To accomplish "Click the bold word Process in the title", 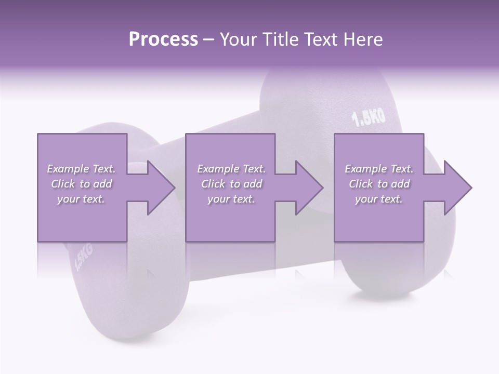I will pos(163,39).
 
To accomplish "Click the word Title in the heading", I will pos(279,39).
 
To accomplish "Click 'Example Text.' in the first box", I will pos(81,169).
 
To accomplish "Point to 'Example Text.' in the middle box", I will pos(231,169).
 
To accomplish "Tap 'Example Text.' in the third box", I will pos(379,169).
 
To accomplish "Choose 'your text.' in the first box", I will pos(81,199).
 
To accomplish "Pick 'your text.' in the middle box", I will pos(231,199).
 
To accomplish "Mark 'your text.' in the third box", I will pos(379,199).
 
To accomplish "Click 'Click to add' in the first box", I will pos(81,184).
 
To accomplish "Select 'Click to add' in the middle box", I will pos(231,184).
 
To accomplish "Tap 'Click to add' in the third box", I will pos(379,184).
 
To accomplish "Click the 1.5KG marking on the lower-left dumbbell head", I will pos(84,258).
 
